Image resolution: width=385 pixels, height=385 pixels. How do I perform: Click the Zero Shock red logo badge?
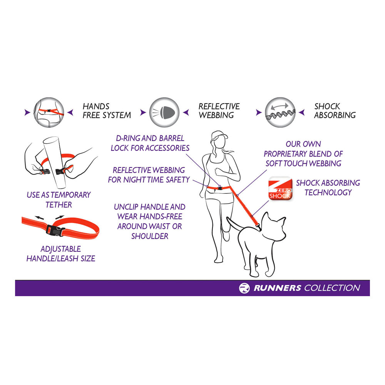(x=280, y=189)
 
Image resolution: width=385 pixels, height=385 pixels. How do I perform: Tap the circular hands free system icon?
(x=49, y=112)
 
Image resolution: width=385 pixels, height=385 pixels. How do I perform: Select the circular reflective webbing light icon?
(x=164, y=112)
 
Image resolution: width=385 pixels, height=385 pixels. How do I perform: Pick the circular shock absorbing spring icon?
(x=280, y=112)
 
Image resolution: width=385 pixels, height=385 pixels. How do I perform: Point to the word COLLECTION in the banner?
(x=333, y=288)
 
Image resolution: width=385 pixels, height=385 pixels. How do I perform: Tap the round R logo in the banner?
(x=244, y=288)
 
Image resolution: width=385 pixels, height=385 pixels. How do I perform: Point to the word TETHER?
(x=59, y=204)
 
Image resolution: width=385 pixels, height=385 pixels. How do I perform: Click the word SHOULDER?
(x=150, y=236)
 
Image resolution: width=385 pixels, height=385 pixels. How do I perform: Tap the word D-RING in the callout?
(x=128, y=138)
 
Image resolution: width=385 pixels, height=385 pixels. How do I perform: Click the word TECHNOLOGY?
(x=328, y=192)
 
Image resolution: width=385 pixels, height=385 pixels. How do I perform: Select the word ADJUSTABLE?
(x=61, y=249)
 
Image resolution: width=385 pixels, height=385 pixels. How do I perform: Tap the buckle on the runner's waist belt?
(x=219, y=188)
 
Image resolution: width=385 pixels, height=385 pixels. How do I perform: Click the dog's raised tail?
(x=232, y=223)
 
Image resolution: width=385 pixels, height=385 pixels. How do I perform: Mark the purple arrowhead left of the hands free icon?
(x=27, y=112)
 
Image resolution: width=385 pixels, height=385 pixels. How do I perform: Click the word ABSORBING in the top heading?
(x=335, y=115)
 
